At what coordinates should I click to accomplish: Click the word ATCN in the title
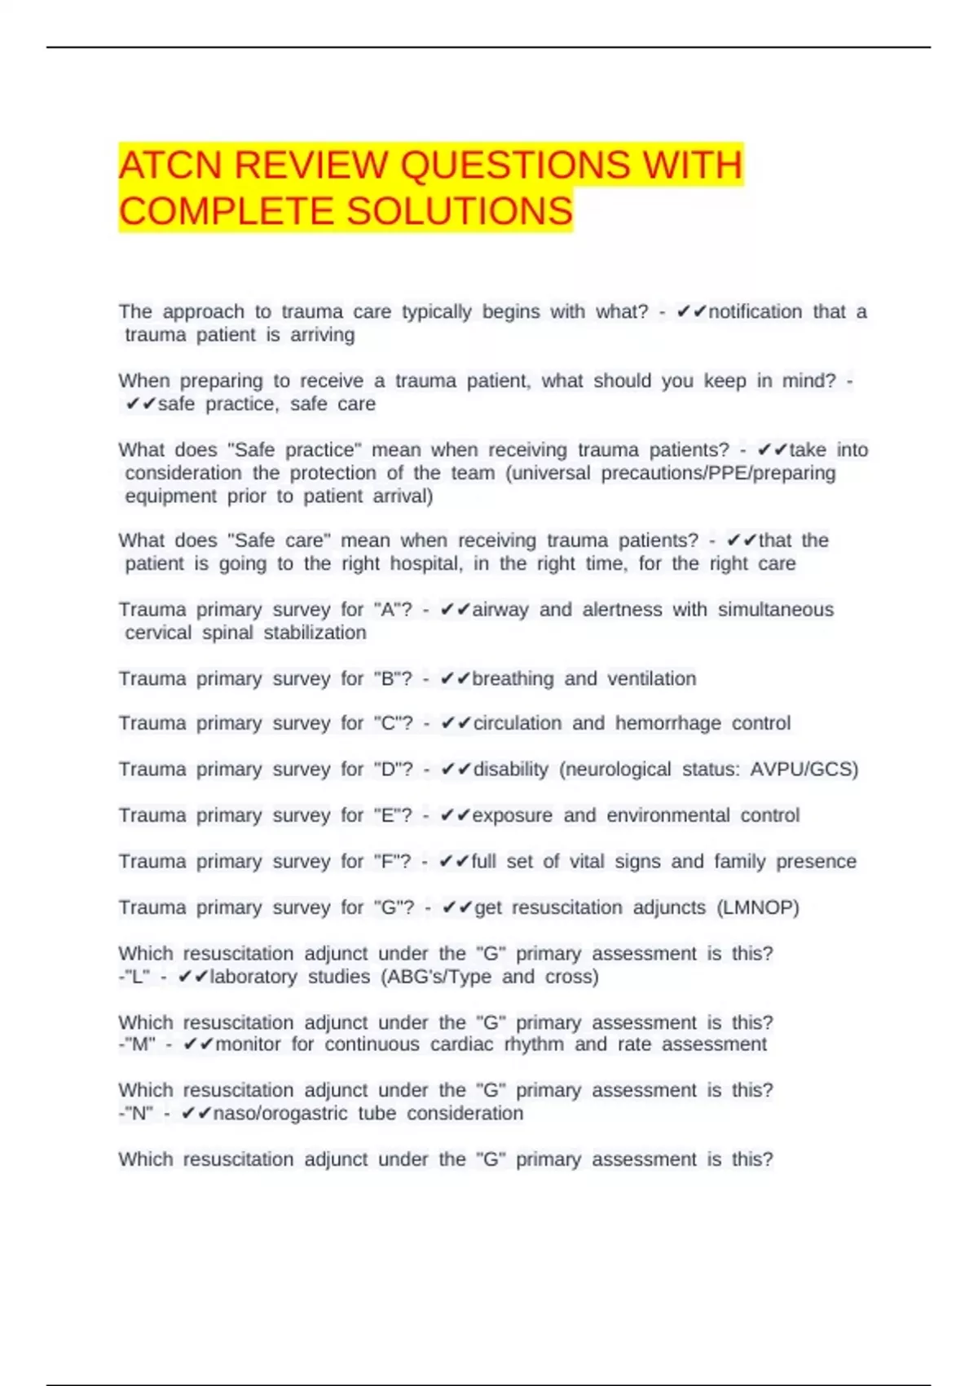(x=170, y=166)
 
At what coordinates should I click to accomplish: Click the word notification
(x=755, y=311)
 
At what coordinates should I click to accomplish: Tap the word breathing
(x=513, y=678)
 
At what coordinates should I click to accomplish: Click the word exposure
(x=512, y=815)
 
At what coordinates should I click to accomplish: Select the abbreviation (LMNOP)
(x=757, y=907)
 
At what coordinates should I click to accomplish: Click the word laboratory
(x=253, y=977)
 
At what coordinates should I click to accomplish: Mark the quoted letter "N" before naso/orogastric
(x=138, y=1114)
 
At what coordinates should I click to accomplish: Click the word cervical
(x=158, y=633)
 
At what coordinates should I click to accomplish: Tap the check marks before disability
(x=456, y=770)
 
